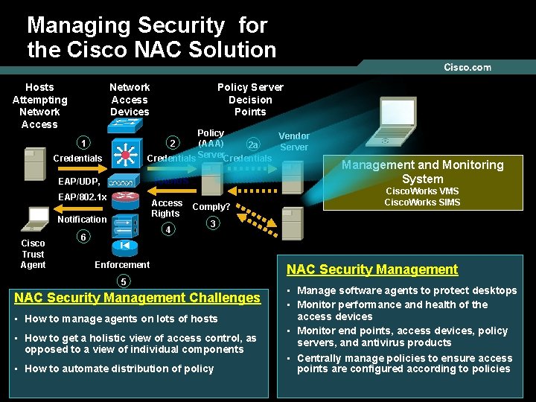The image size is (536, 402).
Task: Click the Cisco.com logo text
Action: (468, 68)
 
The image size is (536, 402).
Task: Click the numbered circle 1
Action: (85, 143)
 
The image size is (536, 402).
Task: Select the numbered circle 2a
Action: (253, 145)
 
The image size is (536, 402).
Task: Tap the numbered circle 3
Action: (212, 223)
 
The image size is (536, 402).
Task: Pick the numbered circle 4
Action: (169, 230)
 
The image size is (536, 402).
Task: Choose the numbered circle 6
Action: (85, 237)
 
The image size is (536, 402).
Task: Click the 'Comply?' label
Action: (211, 207)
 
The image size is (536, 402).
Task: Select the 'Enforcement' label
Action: (122, 264)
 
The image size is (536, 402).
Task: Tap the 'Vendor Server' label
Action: (294, 141)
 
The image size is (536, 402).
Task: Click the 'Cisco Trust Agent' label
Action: (33, 254)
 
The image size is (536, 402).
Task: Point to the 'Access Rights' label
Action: (167, 208)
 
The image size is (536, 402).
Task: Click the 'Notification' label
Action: (82, 220)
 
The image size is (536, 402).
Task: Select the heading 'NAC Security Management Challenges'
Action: (138, 298)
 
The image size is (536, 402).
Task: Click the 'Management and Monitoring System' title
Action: (422, 172)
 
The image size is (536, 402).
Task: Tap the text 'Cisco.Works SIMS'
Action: (422, 202)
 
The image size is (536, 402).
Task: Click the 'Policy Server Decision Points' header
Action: (250, 100)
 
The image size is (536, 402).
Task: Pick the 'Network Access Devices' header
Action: (130, 100)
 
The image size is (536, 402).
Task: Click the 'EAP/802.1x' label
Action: (83, 198)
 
